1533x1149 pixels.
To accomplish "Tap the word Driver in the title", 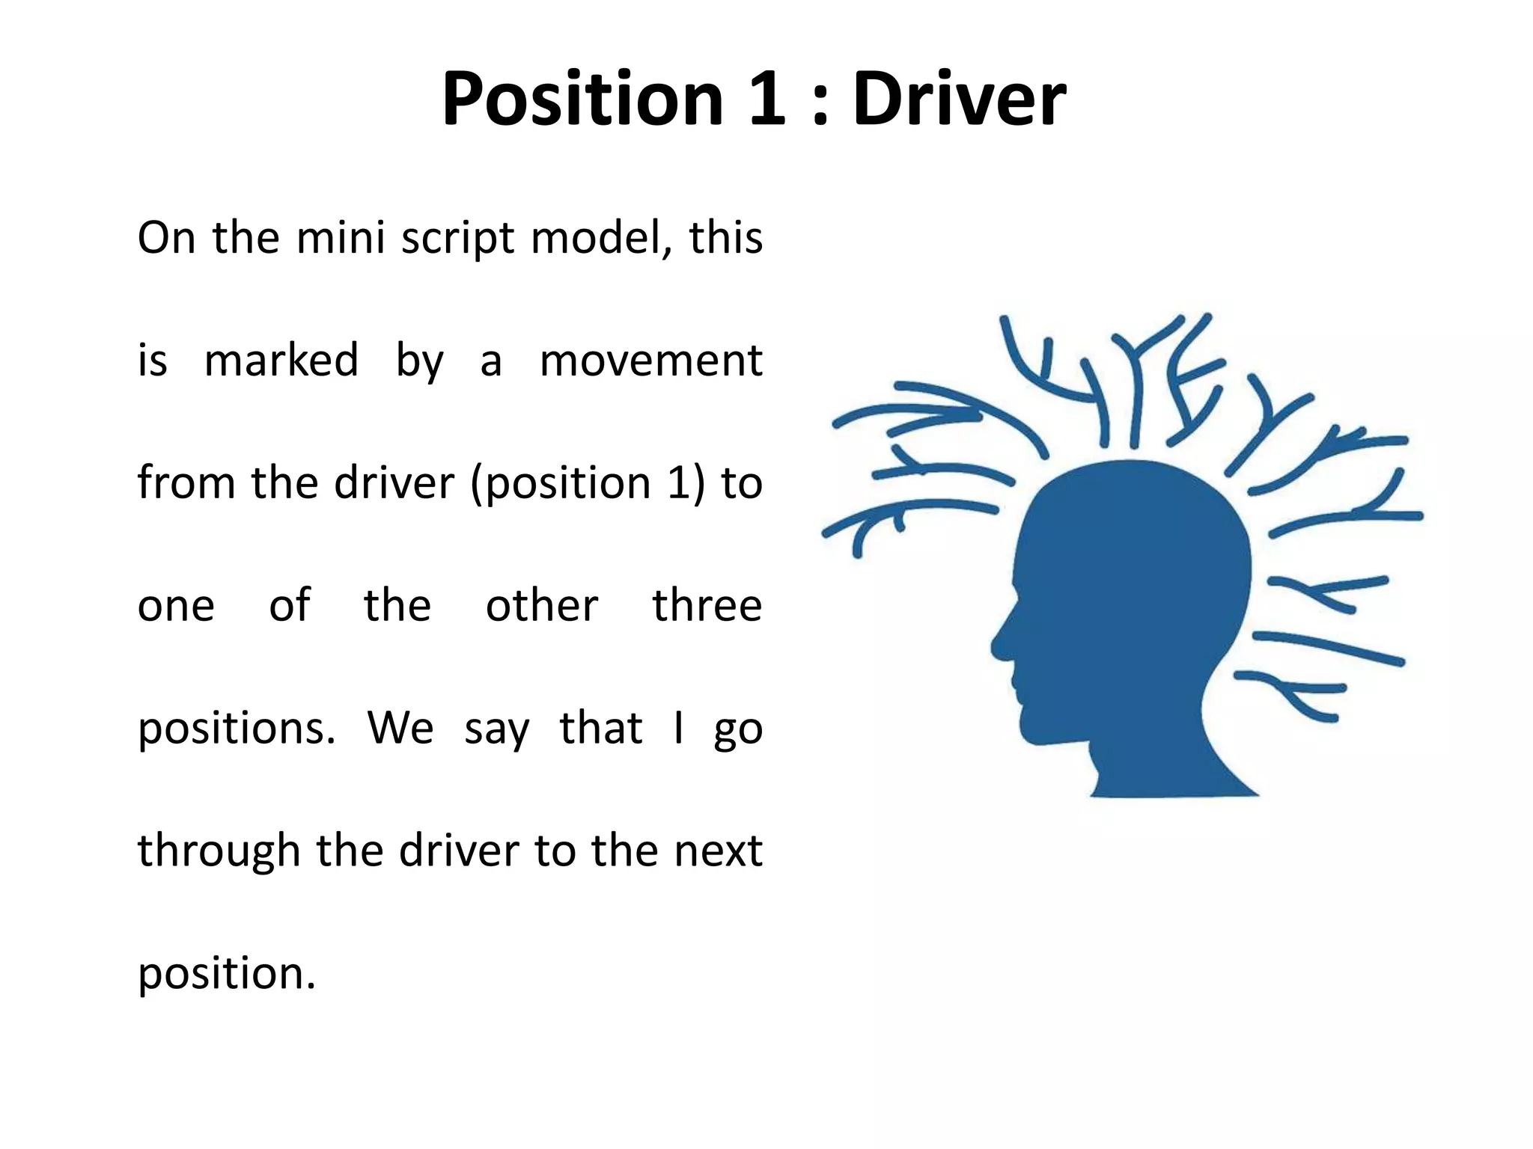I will click(x=959, y=99).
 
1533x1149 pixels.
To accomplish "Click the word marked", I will click(x=281, y=360).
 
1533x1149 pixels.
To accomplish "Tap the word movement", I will click(x=650, y=361).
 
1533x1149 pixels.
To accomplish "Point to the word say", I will click(x=496, y=729).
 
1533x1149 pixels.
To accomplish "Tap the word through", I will click(x=219, y=852).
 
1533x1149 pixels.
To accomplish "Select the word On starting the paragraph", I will click(x=166, y=238).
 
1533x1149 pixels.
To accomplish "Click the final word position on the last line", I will click(x=227, y=975).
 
